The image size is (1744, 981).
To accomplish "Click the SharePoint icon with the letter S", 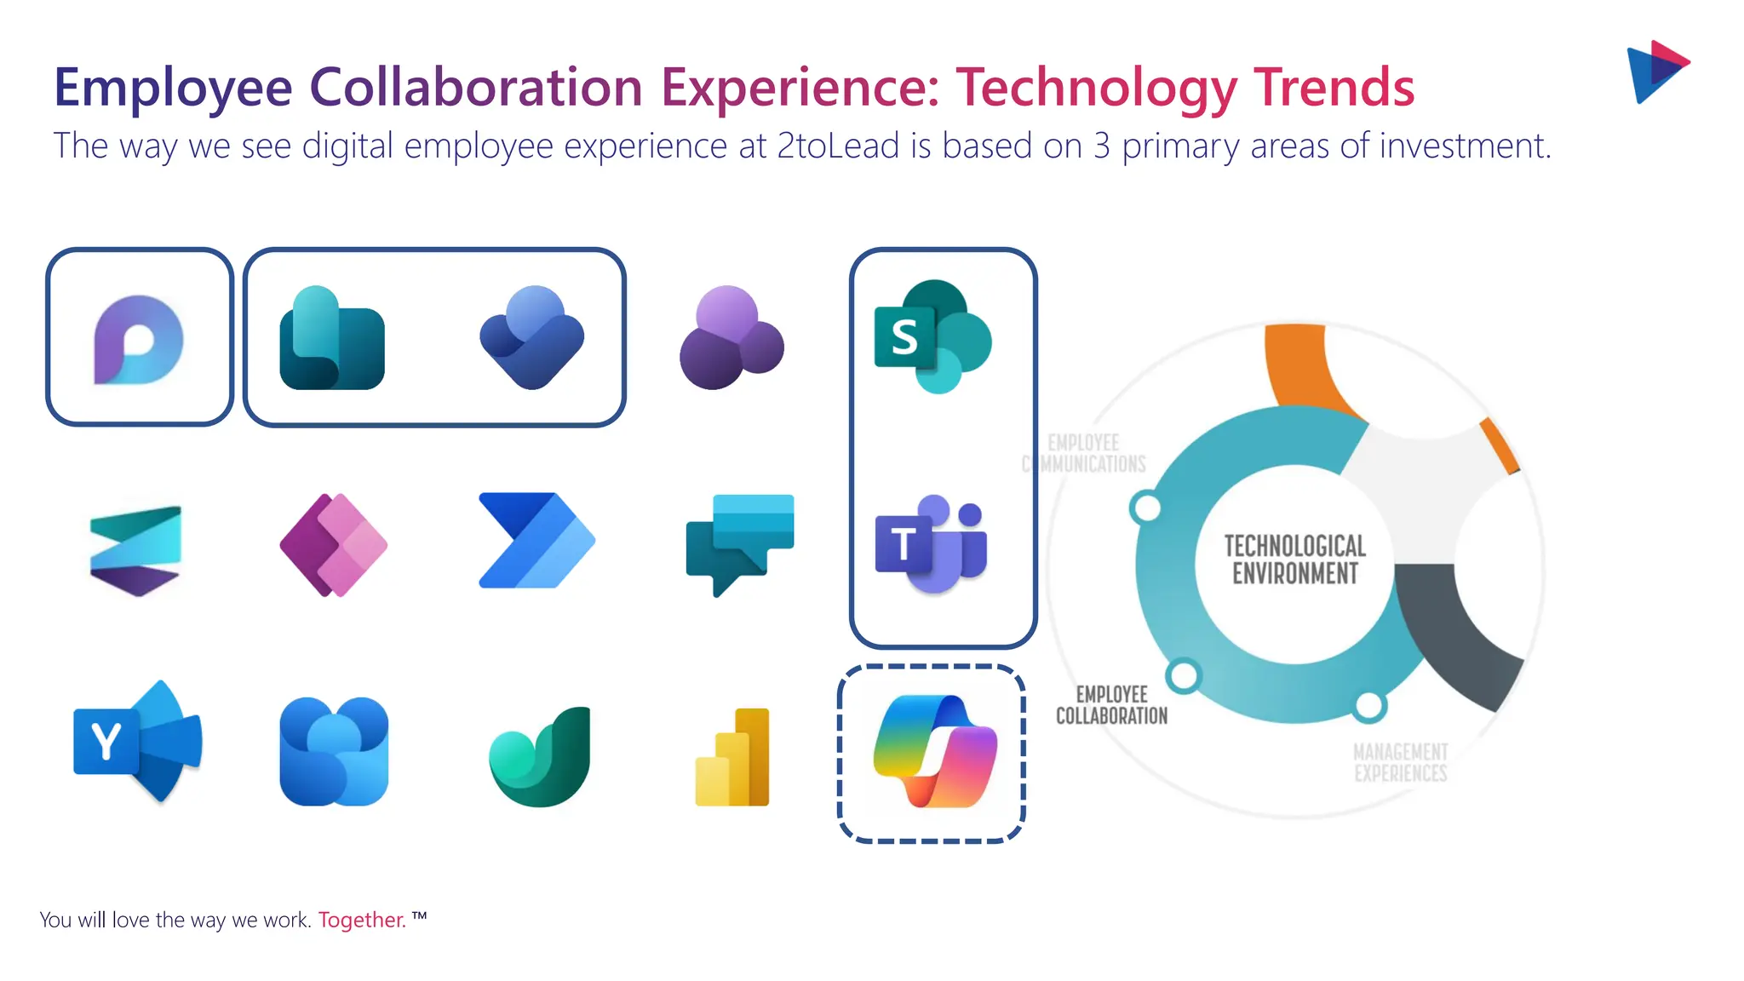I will [x=932, y=336].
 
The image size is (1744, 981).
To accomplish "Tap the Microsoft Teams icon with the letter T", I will [x=931, y=544].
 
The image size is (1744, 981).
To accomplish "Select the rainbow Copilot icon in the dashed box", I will [x=934, y=752].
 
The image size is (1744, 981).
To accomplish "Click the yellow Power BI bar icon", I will [x=733, y=757].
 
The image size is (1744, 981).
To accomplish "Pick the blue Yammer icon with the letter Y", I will [x=136, y=742].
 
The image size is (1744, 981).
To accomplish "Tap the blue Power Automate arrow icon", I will [x=536, y=541].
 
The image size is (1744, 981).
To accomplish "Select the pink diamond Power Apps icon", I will [x=334, y=544].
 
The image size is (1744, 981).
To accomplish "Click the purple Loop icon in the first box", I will [x=138, y=340].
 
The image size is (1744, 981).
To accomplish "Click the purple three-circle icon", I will [x=731, y=338].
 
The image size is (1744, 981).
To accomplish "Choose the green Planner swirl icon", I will [x=540, y=757].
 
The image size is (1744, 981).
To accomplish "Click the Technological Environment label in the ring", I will [x=1294, y=559].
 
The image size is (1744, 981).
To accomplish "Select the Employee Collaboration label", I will [x=1111, y=705].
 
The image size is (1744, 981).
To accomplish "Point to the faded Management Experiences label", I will [x=1400, y=762].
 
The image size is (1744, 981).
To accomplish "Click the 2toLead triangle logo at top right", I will [x=1655, y=72].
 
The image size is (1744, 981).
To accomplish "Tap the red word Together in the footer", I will [x=362, y=921].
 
